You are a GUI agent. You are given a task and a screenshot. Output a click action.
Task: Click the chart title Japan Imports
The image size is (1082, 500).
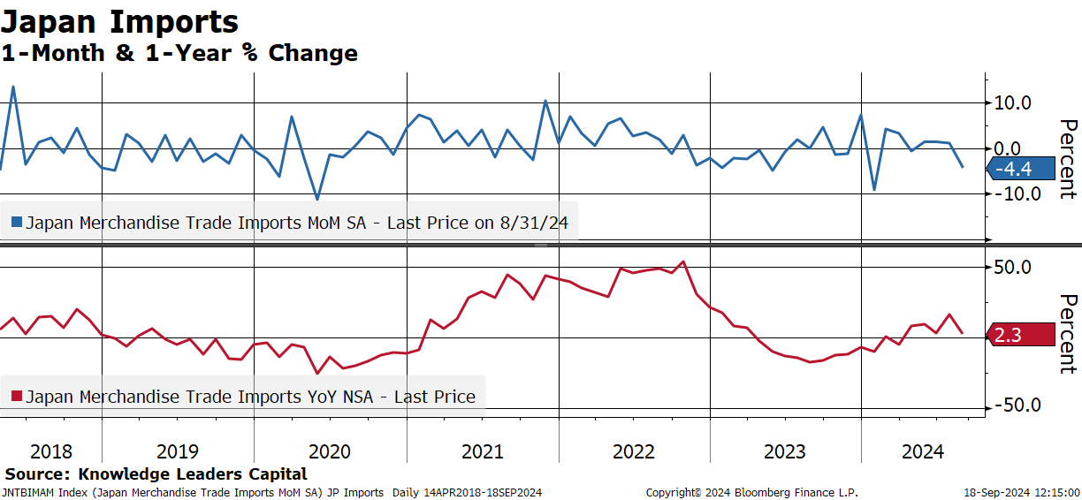120,22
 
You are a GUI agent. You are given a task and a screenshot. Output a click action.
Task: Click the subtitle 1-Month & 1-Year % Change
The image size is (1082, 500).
179,53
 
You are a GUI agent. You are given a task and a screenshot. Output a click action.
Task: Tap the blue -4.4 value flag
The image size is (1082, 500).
1021,169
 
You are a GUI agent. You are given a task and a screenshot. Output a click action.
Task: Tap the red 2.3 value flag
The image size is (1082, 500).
1021,335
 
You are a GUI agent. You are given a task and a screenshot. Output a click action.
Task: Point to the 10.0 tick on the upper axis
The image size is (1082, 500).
1012,102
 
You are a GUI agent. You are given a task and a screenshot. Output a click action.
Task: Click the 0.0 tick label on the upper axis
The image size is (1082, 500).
1007,148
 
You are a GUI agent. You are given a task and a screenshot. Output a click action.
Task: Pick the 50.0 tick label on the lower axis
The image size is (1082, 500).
1012,267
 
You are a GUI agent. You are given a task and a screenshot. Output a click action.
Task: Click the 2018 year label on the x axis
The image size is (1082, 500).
51,451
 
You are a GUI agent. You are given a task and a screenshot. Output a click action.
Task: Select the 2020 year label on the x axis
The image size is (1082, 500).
330,451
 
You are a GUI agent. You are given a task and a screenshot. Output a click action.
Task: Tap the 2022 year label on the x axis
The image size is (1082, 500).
634,451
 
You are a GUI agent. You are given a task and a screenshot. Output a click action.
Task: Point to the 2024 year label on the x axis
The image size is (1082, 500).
923,451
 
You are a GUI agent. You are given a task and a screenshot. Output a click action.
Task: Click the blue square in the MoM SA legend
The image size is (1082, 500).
17,222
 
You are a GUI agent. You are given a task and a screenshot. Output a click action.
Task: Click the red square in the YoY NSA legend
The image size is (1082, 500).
17,397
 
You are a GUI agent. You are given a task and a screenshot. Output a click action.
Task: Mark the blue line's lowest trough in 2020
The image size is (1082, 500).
317,199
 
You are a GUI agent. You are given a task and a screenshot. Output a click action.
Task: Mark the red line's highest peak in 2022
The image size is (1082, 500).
683,262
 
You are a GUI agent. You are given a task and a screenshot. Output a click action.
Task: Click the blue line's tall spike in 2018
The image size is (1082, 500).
13,87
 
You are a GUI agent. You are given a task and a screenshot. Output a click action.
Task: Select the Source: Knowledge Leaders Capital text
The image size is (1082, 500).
156,473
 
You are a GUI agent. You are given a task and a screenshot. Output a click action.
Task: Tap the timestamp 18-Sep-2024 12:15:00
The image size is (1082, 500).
1022,493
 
